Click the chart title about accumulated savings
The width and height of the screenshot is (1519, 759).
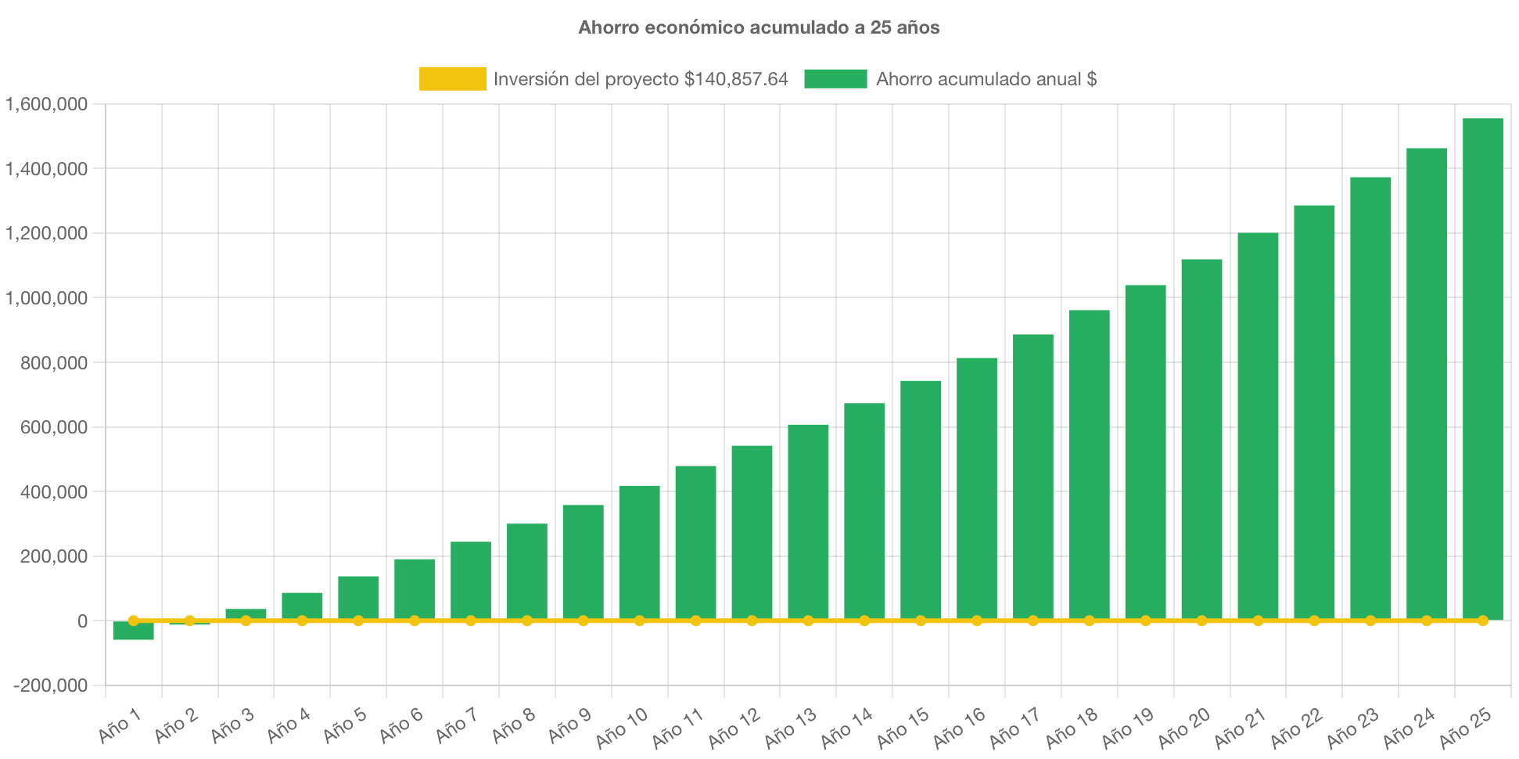759,28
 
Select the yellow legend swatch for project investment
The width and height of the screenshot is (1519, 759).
452,79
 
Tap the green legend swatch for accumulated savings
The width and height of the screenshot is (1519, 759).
835,79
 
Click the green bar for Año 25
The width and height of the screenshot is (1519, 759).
1482,368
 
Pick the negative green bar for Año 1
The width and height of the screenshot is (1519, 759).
133,631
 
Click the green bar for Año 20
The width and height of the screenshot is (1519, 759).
1201,438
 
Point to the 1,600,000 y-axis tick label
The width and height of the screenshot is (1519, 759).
47,104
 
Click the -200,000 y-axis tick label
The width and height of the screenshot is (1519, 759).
50,686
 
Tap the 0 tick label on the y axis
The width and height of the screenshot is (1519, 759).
82,621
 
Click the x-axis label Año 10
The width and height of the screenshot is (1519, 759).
623,727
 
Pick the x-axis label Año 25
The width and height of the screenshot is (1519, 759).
1466,727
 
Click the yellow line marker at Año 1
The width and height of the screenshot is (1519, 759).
133,621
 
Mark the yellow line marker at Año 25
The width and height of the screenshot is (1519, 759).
1482,621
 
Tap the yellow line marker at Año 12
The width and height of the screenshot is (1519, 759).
752,621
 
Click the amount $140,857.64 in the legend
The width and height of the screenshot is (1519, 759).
735,79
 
